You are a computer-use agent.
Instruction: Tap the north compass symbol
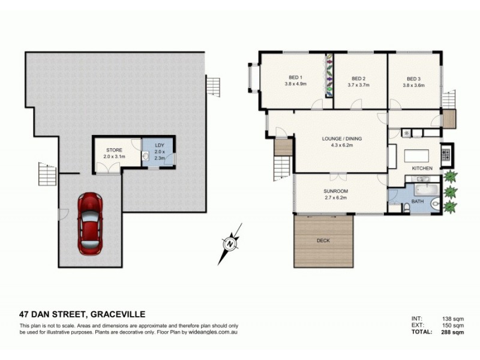point(229,244)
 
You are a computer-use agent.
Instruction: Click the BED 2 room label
point(359,78)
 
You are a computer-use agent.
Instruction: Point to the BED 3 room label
point(413,78)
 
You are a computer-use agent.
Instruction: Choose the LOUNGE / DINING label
point(341,138)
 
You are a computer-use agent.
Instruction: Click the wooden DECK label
point(323,241)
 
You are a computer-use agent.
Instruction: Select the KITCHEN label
point(422,169)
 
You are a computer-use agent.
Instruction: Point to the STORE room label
point(114,149)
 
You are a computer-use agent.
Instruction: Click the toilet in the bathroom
point(407,208)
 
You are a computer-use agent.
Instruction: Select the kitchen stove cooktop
point(446,154)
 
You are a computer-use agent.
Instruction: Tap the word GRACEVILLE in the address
point(118,314)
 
